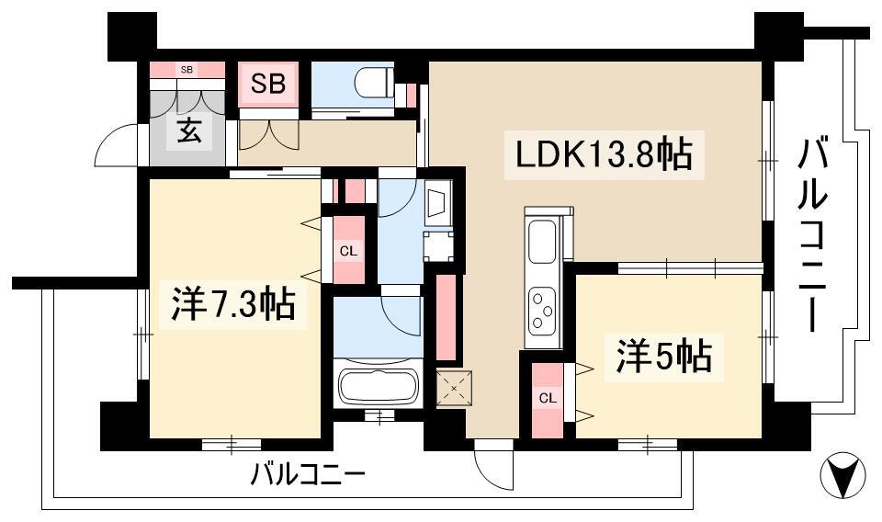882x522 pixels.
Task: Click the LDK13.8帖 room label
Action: point(604,154)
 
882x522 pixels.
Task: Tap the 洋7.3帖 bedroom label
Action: point(232,303)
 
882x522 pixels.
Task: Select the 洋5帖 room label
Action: point(663,356)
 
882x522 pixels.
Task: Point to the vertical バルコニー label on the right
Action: point(813,236)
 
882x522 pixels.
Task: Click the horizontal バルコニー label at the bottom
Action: point(308,475)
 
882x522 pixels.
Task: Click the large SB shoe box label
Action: point(268,84)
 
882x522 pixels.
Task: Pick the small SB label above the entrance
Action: point(187,70)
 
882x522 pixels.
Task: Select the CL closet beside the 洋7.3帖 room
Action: point(349,251)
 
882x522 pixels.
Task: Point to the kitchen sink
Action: point(542,241)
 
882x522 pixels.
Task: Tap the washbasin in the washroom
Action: point(437,202)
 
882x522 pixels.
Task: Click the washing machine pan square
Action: point(438,246)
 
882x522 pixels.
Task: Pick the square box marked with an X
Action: point(454,388)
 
